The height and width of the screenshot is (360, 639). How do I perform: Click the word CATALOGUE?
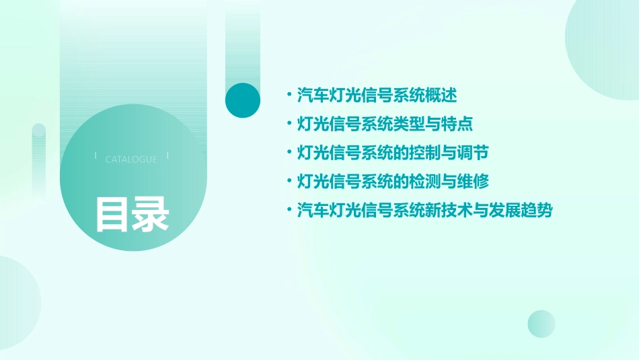[x=131, y=159]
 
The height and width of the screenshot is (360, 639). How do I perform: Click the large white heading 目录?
[x=132, y=215]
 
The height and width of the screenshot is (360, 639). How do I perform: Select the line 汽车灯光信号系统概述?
[x=377, y=96]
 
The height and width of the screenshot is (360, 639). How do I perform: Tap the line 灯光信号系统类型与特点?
[x=385, y=124]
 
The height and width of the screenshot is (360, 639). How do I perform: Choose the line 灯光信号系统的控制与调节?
[x=393, y=153]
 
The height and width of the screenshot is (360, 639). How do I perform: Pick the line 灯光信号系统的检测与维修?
[x=393, y=182]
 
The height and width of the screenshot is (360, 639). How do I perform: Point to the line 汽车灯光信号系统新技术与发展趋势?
[x=424, y=211]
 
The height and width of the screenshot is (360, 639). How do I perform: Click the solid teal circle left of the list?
[x=243, y=100]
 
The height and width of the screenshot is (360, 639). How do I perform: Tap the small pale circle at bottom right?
[x=541, y=324]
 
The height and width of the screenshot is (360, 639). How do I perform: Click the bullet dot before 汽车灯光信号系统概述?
[x=289, y=96]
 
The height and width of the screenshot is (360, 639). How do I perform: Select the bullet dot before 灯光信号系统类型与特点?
[x=289, y=124]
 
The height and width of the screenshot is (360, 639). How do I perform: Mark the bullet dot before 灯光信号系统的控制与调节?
[x=289, y=153]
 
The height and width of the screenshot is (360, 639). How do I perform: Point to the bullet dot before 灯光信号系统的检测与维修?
[x=289, y=182]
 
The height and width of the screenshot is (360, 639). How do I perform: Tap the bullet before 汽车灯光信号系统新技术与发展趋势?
[x=289, y=211]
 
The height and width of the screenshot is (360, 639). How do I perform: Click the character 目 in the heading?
[x=112, y=215]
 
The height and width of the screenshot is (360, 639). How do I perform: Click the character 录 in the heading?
[x=151, y=215]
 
